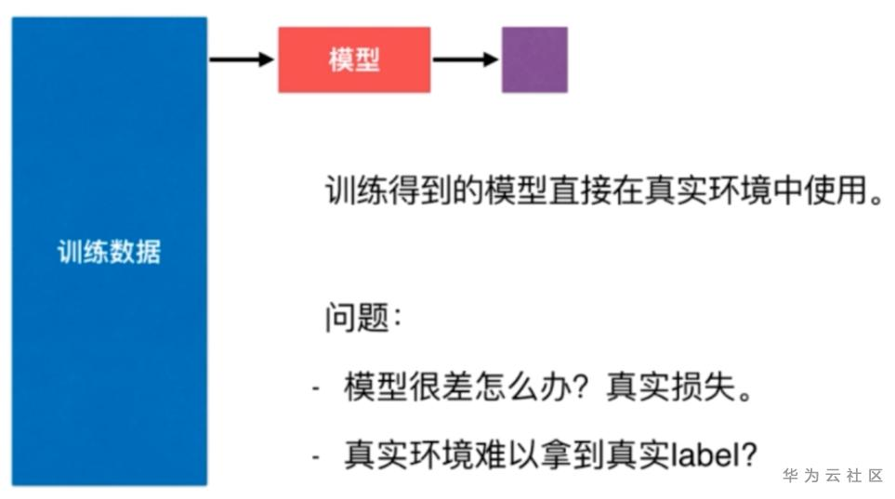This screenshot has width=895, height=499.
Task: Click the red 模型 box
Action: tap(354, 59)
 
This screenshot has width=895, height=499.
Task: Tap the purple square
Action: tap(534, 59)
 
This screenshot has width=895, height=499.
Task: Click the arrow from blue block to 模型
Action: tap(242, 59)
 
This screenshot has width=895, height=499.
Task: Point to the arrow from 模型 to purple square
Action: tap(466, 59)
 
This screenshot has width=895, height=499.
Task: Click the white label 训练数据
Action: tap(109, 252)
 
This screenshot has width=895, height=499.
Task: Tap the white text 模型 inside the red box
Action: tap(354, 59)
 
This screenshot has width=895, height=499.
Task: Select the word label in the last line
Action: tap(705, 454)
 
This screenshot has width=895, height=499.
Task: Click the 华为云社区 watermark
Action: tap(832, 476)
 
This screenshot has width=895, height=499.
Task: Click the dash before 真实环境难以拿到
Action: tap(318, 456)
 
